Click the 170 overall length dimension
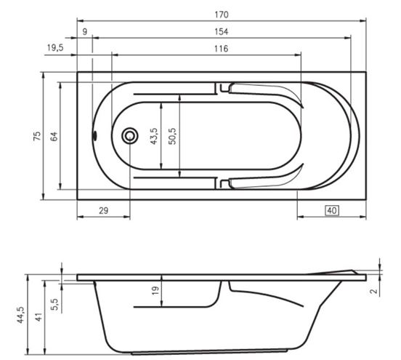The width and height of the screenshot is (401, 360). click(222, 15)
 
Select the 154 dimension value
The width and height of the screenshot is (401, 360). click(222, 31)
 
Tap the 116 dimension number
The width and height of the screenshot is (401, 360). click(222, 49)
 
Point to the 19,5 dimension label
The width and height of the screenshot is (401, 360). click(55, 47)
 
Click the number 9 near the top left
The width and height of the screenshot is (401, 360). click(85, 31)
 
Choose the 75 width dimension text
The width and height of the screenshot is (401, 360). click(37, 136)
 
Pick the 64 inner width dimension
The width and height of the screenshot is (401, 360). click(54, 136)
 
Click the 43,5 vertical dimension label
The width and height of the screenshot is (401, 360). click(154, 136)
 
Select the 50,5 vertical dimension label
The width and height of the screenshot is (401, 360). click(173, 136)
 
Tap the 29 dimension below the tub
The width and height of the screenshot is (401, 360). click(104, 210)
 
